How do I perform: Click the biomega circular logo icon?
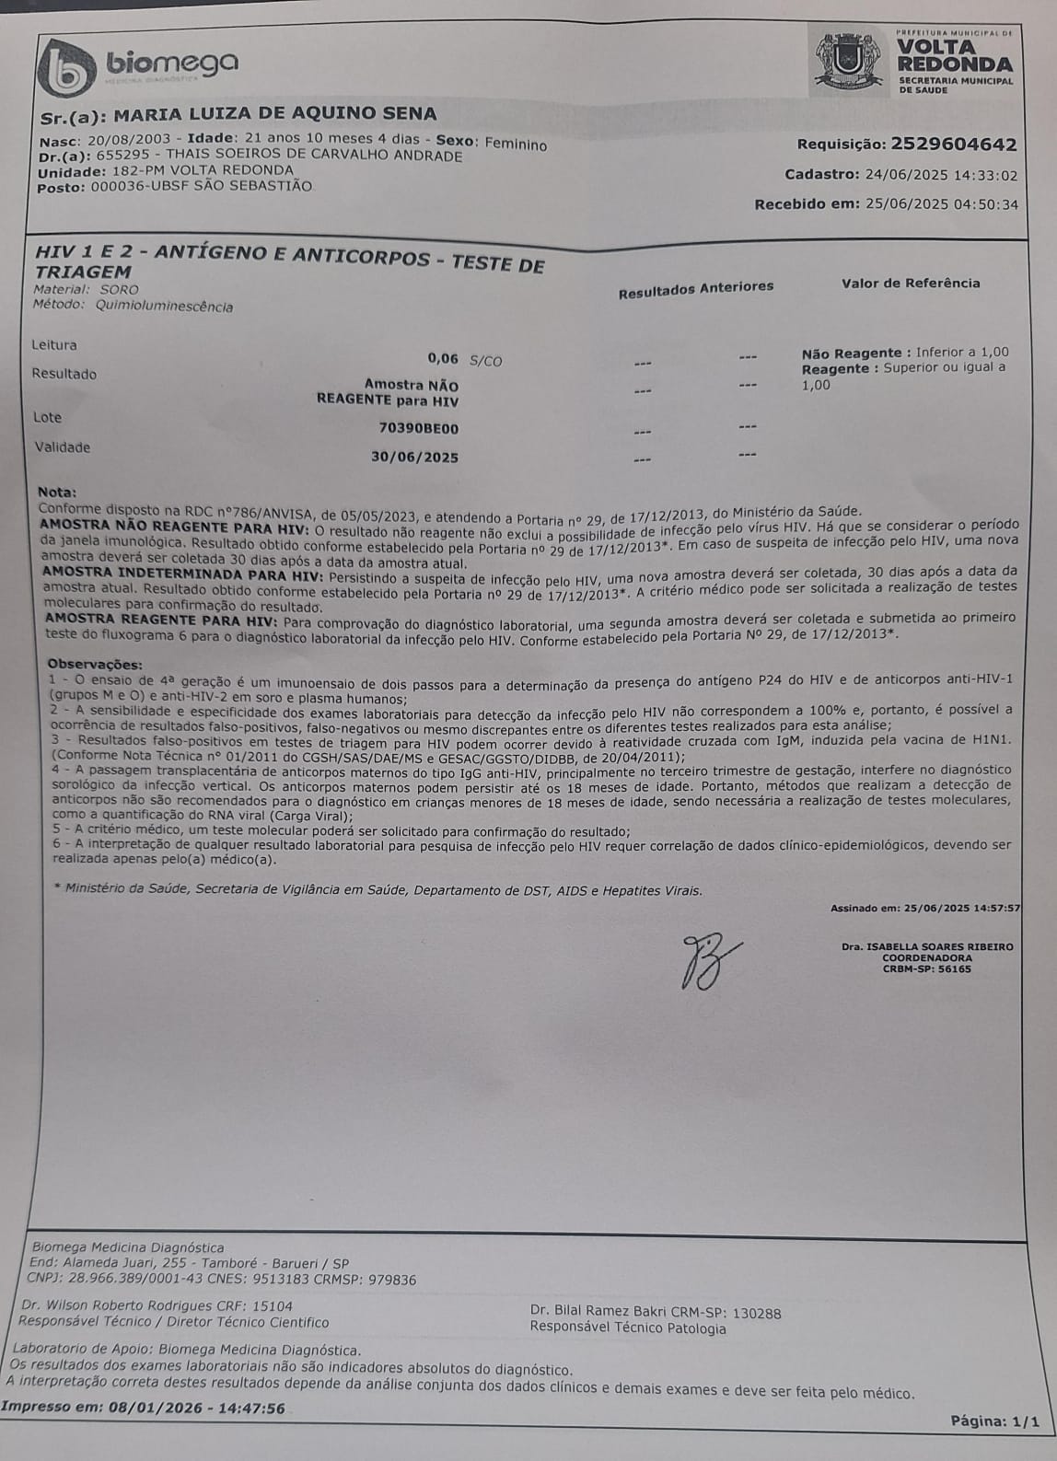pyautogui.click(x=67, y=67)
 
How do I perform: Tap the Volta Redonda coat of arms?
pyautogui.click(x=847, y=61)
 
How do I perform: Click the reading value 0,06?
pyautogui.click(x=443, y=359)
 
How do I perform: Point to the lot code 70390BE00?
pyautogui.click(x=419, y=428)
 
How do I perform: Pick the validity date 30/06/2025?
pyautogui.click(x=414, y=457)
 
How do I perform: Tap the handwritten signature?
pyautogui.click(x=710, y=961)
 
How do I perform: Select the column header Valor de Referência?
pyautogui.click(x=911, y=284)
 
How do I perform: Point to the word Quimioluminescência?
pyautogui.click(x=164, y=306)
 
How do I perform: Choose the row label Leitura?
pyautogui.click(x=54, y=345)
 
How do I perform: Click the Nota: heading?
pyautogui.click(x=57, y=493)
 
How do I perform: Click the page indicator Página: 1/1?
pyautogui.click(x=994, y=1421)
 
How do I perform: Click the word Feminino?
pyautogui.click(x=516, y=144)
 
